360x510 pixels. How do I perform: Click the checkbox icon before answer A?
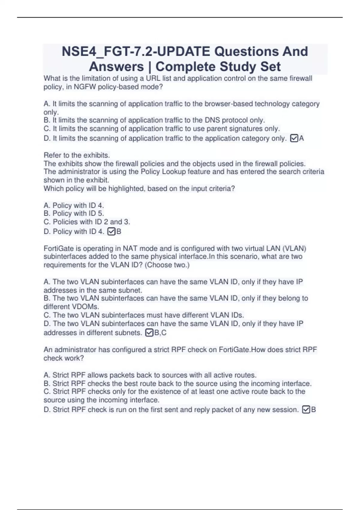[x=294, y=138]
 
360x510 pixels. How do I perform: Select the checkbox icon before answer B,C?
[x=149, y=333]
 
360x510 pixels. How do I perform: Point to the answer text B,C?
[x=160, y=333]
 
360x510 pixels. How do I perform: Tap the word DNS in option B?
[x=212, y=120]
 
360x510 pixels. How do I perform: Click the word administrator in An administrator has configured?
[x=76, y=350]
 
